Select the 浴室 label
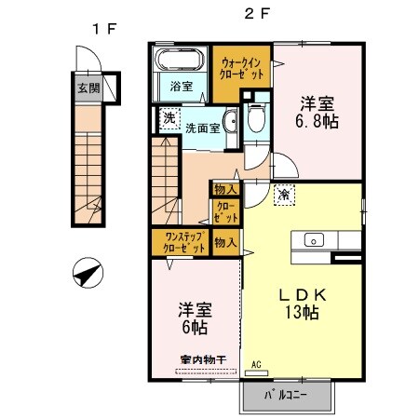[x=182, y=87]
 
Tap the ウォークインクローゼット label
[x=240, y=68]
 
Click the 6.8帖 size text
[x=317, y=121]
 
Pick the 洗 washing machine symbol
[x=169, y=118]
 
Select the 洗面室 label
[x=202, y=128]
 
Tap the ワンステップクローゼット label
[x=179, y=243]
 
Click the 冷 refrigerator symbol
[x=283, y=194]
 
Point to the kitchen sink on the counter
[x=312, y=238]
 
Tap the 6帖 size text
[x=194, y=328]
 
